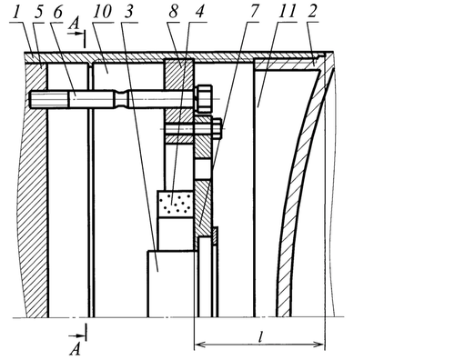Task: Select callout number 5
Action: click(x=38, y=12)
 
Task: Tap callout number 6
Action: click(x=57, y=12)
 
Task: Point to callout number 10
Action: click(x=102, y=12)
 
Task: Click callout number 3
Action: click(x=129, y=12)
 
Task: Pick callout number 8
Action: click(x=173, y=12)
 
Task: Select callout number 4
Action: click(x=198, y=12)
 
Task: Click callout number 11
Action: click(x=286, y=12)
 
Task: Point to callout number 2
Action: click(x=311, y=12)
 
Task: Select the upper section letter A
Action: click(x=74, y=25)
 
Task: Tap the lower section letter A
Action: click(x=76, y=350)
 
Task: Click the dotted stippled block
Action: click(x=176, y=204)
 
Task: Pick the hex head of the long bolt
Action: click(x=204, y=98)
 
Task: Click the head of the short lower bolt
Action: click(x=217, y=129)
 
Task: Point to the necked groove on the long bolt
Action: click(x=121, y=98)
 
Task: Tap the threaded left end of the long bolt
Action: click(x=49, y=100)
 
